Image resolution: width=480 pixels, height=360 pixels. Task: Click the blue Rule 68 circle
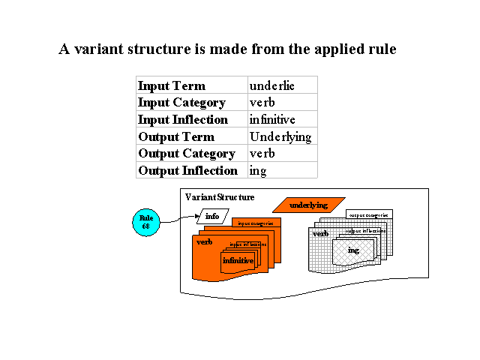(x=146, y=222)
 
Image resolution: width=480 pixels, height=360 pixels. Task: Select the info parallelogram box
(x=212, y=217)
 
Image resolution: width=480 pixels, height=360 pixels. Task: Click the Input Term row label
(x=171, y=85)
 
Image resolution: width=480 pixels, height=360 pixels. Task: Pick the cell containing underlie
(x=271, y=85)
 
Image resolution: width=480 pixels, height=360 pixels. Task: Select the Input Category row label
(x=181, y=103)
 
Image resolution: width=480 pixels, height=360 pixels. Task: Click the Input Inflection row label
(x=182, y=120)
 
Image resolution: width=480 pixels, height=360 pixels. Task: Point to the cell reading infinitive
(x=272, y=120)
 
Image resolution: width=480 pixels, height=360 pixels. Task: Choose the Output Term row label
(x=175, y=137)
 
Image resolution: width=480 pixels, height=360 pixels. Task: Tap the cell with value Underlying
(x=280, y=137)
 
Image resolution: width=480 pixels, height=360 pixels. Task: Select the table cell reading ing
(x=258, y=171)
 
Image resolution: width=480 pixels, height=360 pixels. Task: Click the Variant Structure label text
(x=219, y=197)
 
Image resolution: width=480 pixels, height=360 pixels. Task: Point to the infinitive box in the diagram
(x=238, y=260)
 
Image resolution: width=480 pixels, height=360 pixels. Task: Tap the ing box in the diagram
(x=353, y=250)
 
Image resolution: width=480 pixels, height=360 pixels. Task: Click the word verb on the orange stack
(x=205, y=242)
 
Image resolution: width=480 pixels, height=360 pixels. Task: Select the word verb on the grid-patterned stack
(x=320, y=234)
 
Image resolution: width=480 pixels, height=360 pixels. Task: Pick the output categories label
(x=369, y=214)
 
